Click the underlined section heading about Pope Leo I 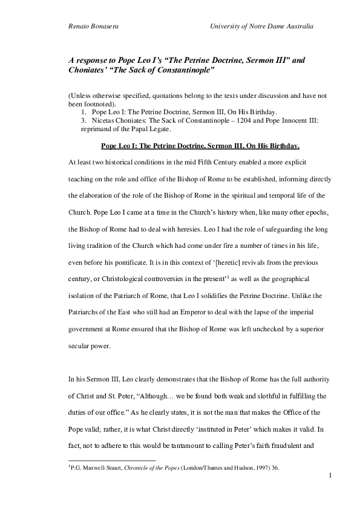pos(200,146)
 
